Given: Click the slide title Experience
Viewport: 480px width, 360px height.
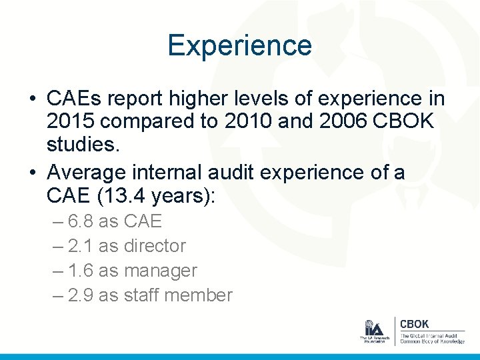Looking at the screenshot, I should [x=239, y=45].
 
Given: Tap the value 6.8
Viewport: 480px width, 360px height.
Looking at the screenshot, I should [x=81, y=221].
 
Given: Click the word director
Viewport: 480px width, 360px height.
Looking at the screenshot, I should [x=155, y=245].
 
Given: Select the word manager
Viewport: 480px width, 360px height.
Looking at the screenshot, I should [x=161, y=271].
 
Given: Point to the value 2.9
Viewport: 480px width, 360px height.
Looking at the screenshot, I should [x=81, y=295].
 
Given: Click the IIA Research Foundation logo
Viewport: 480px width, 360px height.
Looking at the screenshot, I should [x=374, y=331].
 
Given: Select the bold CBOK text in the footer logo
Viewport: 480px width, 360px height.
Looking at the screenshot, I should [x=414, y=323].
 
